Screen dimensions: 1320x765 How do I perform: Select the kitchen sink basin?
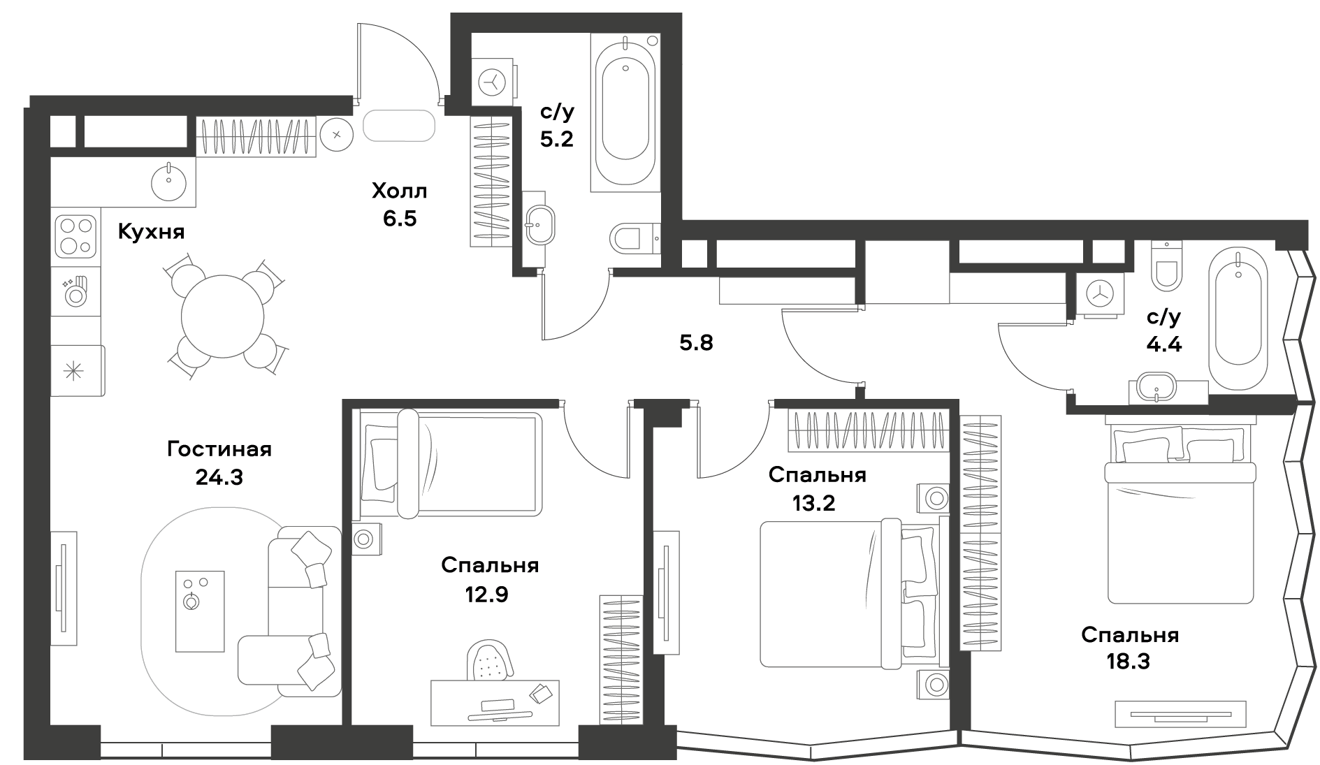tap(168, 180)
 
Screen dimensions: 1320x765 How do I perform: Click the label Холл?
tap(399, 190)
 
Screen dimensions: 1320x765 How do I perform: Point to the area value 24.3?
tap(219, 477)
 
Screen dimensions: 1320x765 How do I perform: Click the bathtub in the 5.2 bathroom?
tap(625, 112)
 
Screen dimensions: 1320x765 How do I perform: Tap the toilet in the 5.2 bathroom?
tap(634, 239)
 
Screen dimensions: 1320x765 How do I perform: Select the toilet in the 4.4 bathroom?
tap(1166, 265)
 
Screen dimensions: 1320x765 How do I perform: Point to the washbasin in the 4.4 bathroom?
tap(1158, 388)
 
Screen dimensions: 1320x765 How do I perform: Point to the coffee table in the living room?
tap(199, 611)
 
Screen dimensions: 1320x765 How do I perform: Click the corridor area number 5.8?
tap(697, 343)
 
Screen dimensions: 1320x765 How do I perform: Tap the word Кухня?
tap(152, 232)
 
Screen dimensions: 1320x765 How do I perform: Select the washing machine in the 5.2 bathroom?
tap(494, 82)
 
